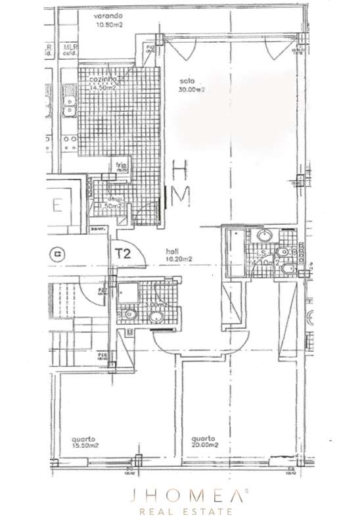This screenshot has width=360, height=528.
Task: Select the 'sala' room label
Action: tap(187, 83)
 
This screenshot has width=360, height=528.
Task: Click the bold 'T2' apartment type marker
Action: tap(122, 252)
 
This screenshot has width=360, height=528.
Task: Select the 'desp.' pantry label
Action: tap(103, 199)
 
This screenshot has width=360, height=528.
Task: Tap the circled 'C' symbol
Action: tap(60, 252)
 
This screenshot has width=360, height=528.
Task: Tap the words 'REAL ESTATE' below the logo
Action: tap(179, 511)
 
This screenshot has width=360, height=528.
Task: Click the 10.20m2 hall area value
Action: tap(179, 260)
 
